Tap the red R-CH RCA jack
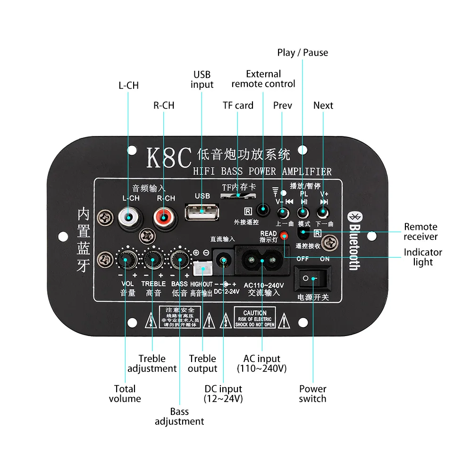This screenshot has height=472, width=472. (x=164, y=218)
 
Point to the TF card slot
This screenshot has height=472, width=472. (x=238, y=195)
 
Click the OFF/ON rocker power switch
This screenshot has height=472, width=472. (x=312, y=278)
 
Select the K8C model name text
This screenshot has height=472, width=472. (x=169, y=157)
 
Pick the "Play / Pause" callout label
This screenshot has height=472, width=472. (x=303, y=52)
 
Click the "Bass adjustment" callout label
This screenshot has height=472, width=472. (x=179, y=416)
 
